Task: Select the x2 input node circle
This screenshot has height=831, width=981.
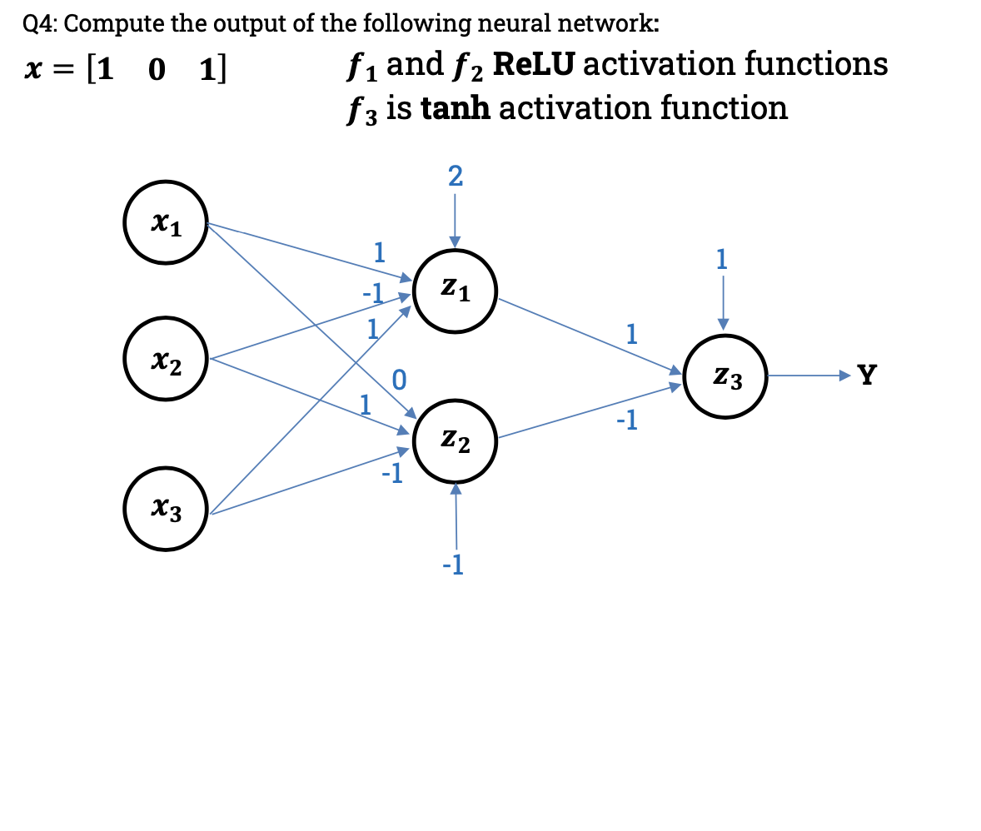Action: (x=166, y=361)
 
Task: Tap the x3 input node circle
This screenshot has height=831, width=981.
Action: (x=166, y=510)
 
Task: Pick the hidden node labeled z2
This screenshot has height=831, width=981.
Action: (x=455, y=441)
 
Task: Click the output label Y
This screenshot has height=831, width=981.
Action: (x=867, y=376)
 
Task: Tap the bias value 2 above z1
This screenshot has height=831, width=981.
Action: (x=455, y=177)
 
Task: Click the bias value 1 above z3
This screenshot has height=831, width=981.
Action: (x=722, y=260)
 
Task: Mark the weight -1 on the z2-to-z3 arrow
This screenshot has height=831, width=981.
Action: (x=627, y=421)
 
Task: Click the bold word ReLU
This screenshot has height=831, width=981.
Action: (x=532, y=64)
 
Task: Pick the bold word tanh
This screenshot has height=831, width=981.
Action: (x=457, y=107)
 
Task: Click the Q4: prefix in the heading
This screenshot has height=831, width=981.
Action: (x=40, y=23)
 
